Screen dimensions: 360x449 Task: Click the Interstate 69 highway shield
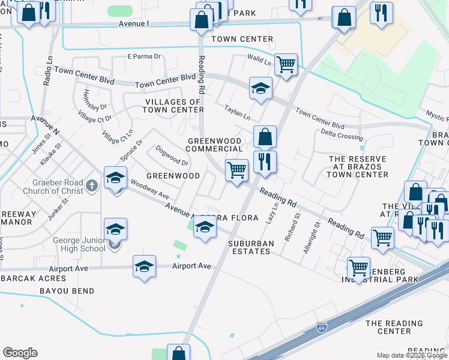coord(321,328)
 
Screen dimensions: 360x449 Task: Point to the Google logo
coord(20,353)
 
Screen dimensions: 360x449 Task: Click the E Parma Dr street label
coord(145,57)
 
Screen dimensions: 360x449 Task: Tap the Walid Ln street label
coord(259,60)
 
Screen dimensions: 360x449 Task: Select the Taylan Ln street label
coord(238,110)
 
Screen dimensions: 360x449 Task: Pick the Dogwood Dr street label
coord(172,155)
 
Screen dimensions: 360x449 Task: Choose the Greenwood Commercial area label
coord(215,145)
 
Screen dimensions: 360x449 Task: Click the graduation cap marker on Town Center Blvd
coord(261,89)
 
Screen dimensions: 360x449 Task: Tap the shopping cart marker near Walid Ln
coord(286,64)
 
